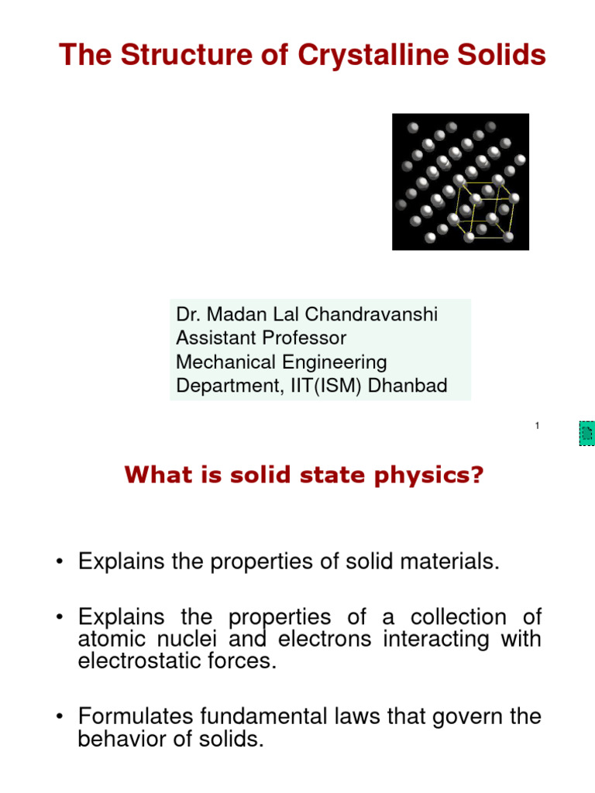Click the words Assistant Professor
(261, 338)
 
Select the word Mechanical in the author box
(224, 362)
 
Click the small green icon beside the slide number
(586, 434)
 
